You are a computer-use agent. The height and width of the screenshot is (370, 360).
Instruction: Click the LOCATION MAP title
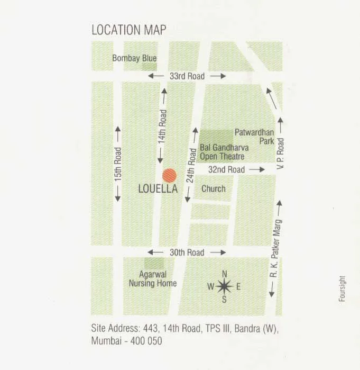click(129, 30)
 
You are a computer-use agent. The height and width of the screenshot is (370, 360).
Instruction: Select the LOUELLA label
click(158, 189)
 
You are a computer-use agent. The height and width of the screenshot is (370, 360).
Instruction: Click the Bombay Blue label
click(134, 58)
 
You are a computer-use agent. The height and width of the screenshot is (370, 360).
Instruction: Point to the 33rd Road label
click(187, 76)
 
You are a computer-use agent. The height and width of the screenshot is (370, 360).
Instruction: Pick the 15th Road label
click(117, 164)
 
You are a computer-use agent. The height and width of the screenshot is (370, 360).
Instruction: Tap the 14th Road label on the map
click(162, 127)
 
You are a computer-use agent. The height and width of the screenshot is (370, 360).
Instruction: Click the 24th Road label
click(192, 165)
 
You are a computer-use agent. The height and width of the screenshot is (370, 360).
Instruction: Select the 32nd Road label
click(226, 170)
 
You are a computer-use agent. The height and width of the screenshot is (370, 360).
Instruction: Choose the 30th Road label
click(187, 252)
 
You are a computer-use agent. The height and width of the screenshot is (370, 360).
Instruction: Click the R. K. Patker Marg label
click(274, 249)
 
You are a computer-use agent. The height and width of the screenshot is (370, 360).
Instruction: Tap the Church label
click(214, 188)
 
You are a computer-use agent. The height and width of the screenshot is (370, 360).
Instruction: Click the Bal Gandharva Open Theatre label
click(224, 152)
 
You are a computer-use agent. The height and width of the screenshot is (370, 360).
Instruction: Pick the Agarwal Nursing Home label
click(153, 279)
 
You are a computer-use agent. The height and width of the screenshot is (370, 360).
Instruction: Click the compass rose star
click(224, 287)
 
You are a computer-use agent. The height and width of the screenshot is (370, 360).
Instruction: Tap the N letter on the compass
click(224, 274)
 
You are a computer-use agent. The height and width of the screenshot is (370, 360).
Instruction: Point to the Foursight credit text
click(342, 289)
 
